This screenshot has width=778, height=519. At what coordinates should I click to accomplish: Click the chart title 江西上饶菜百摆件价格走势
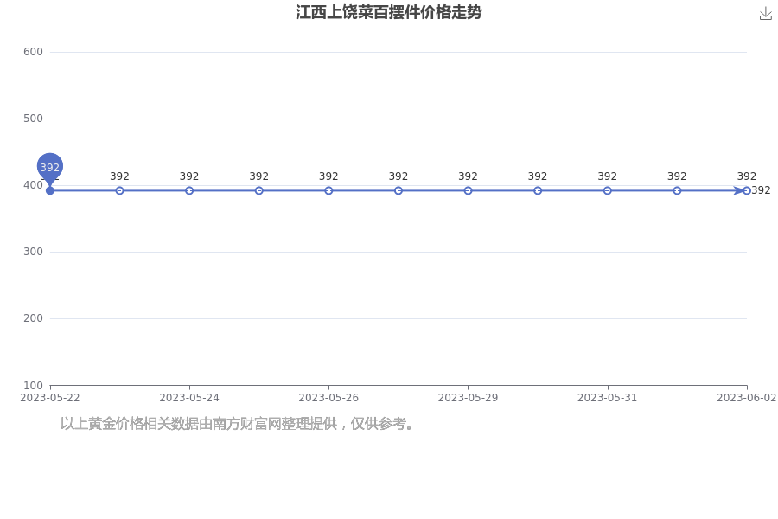388,12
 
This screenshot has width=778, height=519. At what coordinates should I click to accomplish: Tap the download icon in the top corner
766,14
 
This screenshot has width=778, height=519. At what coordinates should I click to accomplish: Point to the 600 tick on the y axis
33,52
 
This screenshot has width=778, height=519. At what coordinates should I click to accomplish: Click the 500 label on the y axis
33,119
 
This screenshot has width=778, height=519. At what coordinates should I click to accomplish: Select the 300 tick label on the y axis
33,252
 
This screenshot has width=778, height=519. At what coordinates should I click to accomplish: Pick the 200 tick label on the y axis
33,317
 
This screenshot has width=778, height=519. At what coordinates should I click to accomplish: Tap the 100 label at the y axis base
33,386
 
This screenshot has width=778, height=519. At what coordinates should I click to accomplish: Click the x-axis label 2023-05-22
49,398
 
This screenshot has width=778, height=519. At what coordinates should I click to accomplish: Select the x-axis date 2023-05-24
189,398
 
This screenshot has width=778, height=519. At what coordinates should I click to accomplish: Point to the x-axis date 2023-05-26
328,398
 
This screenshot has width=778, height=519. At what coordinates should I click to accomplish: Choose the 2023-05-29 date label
468,398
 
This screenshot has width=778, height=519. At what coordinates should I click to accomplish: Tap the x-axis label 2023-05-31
608,398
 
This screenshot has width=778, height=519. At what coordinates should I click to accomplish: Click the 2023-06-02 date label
746,398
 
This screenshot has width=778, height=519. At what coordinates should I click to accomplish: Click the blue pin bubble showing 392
49,167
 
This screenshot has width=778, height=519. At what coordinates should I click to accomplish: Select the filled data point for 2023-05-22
49,190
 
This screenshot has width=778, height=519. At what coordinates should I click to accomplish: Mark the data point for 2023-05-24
189,190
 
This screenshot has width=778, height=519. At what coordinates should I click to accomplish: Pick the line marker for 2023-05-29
468,190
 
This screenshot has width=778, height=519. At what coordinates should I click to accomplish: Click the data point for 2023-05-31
608,190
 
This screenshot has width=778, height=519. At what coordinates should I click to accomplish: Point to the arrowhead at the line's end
739,190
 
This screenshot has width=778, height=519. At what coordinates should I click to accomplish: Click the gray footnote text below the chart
237,424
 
